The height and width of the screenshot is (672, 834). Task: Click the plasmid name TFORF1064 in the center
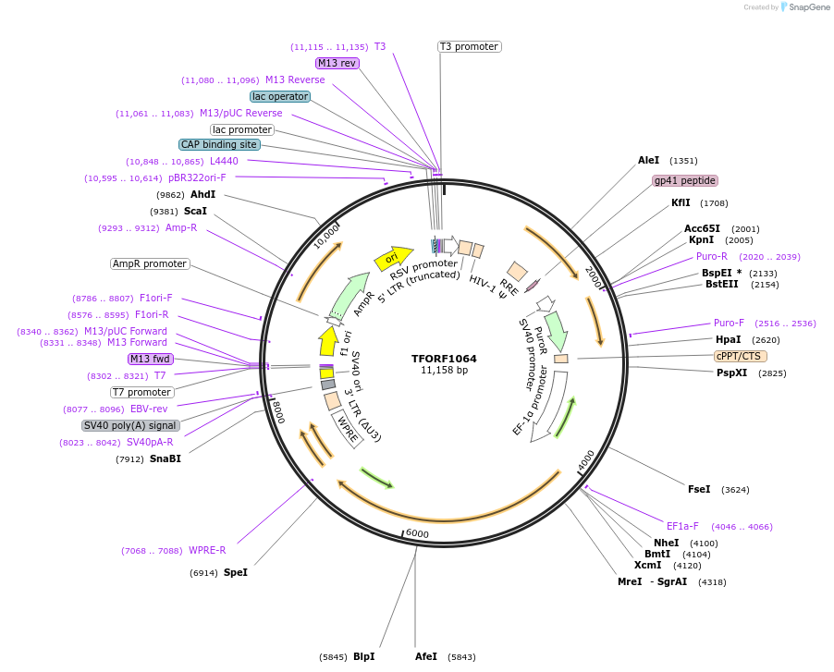pyautogui.click(x=445, y=358)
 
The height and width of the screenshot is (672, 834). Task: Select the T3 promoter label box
pyautogui.click(x=469, y=46)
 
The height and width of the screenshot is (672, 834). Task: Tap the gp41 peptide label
pyautogui.click(x=685, y=180)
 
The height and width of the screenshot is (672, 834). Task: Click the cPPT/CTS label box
pyautogui.click(x=740, y=356)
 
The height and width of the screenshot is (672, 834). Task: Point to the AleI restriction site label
pyautogui.click(x=648, y=160)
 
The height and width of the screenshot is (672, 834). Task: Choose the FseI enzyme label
pyautogui.click(x=699, y=489)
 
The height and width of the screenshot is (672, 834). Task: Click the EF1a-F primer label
pyautogui.click(x=682, y=526)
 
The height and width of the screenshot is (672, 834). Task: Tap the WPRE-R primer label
pyautogui.click(x=207, y=550)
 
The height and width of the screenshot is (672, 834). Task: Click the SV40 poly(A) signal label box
pyautogui.click(x=129, y=425)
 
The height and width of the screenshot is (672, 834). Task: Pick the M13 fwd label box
pyautogui.click(x=151, y=359)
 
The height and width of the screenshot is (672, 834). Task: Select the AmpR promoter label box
pyautogui.click(x=150, y=263)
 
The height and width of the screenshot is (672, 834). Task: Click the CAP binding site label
pyautogui.click(x=219, y=144)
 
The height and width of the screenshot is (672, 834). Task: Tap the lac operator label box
pyautogui.click(x=280, y=96)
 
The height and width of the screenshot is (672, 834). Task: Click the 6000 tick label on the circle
pyautogui.click(x=417, y=533)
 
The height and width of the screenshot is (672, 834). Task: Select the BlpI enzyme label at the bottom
pyautogui.click(x=363, y=656)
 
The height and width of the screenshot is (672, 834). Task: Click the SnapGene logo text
pyautogui.click(x=809, y=7)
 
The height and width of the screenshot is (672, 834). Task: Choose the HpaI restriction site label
pyautogui.click(x=728, y=339)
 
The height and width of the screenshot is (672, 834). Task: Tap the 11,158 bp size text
pyautogui.click(x=445, y=371)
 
